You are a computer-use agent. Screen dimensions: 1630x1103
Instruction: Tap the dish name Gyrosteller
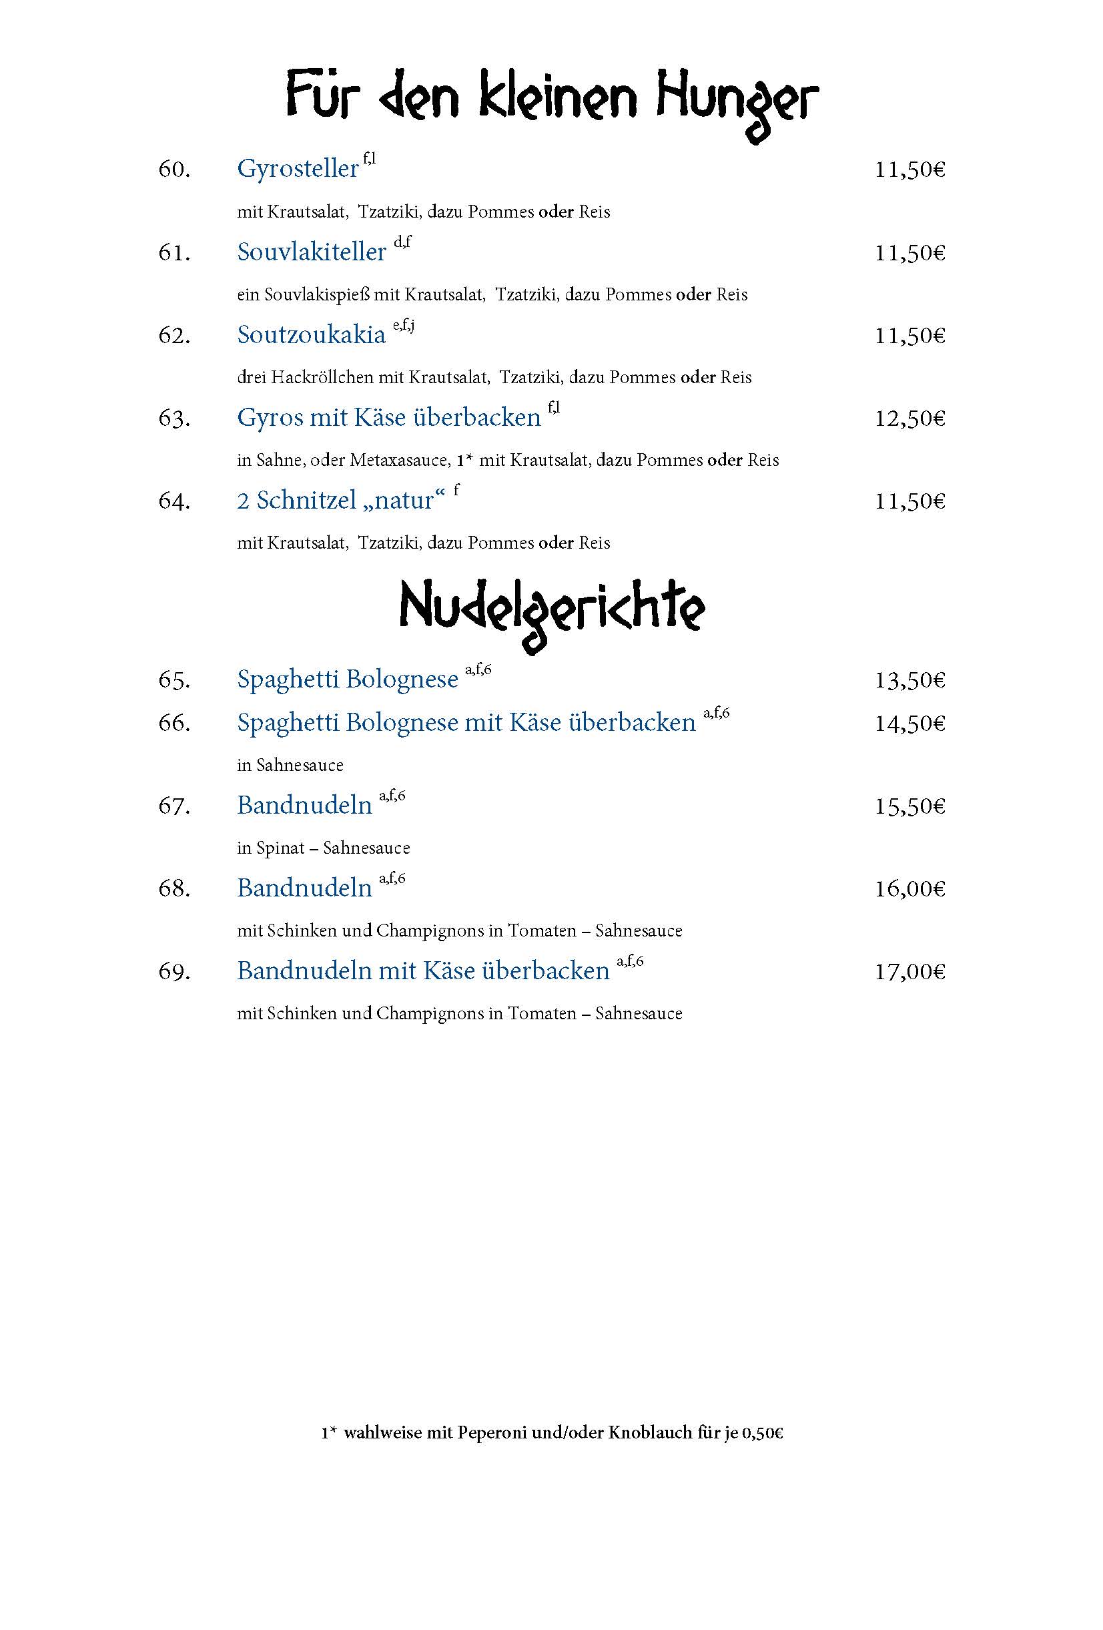(x=298, y=169)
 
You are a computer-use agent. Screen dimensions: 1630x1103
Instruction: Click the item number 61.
(x=174, y=252)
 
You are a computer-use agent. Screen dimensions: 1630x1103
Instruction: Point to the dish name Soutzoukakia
(x=312, y=335)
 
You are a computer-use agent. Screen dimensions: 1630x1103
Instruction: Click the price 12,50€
(x=909, y=419)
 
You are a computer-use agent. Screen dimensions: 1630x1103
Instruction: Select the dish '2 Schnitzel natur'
(x=341, y=501)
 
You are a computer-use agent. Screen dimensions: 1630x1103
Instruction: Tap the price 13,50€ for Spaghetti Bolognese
(x=909, y=680)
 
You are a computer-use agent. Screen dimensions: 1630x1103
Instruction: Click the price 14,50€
(x=909, y=724)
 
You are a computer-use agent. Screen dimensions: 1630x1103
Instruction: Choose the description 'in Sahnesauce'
(x=290, y=765)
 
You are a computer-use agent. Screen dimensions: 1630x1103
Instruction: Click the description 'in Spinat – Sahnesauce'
(x=323, y=848)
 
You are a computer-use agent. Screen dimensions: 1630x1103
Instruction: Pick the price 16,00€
(x=909, y=889)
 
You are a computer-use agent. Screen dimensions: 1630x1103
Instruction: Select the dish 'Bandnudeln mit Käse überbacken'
(x=423, y=971)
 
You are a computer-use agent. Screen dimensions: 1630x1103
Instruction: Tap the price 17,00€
(x=909, y=972)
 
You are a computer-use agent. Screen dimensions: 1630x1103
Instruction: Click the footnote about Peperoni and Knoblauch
(x=552, y=1433)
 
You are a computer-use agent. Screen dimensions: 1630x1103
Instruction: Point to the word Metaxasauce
(x=400, y=460)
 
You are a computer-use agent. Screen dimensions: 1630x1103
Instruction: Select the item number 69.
(x=174, y=972)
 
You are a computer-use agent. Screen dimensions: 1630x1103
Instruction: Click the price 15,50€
(x=909, y=806)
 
